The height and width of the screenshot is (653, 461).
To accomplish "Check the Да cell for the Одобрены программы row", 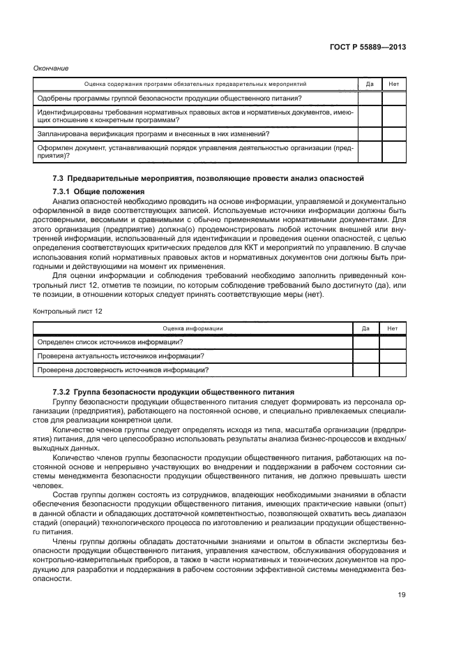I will pyautogui.click(x=370, y=98).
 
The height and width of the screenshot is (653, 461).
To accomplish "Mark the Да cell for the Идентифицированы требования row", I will pyautogui.click(x=370, y=116).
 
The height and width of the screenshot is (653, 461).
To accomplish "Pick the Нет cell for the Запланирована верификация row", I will pyautogui.click(x=393, y=133).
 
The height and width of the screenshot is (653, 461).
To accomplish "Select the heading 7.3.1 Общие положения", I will pyautogui.click(x=98, y=191).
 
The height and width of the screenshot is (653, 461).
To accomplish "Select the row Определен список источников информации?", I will pyautogui.click(x=110, y=342).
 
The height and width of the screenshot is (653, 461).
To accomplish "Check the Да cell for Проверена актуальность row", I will pyautogui.click(x=365, y=355).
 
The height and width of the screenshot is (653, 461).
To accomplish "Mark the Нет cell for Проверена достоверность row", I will pyautogui.click(x=392, y=370).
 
